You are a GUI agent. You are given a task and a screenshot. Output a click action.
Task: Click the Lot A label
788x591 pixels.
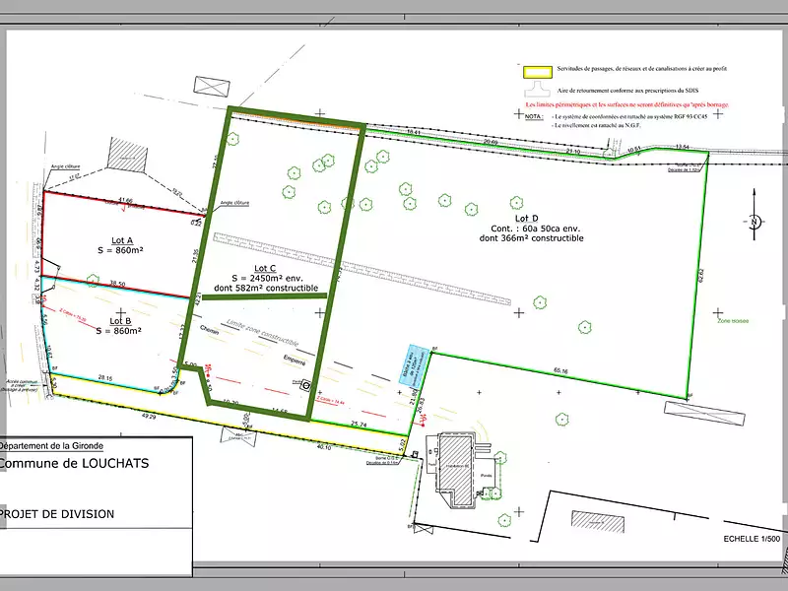coord(122,239)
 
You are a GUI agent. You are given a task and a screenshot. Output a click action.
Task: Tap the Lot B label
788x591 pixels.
coord(121,320)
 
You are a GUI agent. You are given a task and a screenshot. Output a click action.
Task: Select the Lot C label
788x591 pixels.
coord(263,268)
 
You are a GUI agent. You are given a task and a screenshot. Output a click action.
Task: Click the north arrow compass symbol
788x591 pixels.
coord(754,223)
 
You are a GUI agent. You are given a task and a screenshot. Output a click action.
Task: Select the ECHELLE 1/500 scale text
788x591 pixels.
coord(751,539)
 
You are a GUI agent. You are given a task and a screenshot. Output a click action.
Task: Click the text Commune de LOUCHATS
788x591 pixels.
coord(74,463)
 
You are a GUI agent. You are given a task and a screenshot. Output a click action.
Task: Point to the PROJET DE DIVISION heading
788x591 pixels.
coord(57,514)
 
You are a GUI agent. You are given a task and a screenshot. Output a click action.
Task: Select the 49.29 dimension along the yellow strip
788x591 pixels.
coord(149,417)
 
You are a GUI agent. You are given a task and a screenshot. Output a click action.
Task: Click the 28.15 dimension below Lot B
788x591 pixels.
coord(106,377)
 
